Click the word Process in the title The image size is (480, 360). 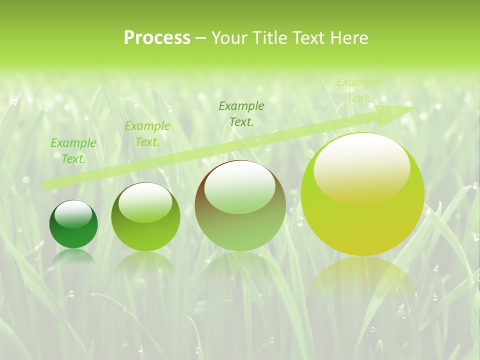coord(157,38)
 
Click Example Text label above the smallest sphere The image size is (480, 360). coord(73,150)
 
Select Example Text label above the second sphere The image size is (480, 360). coord(147,134)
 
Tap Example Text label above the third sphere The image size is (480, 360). coord(241,113)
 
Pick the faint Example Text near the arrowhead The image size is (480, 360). coord(358,90)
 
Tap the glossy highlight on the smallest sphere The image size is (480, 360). coord(73,214)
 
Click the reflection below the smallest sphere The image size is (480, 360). coord(73,256)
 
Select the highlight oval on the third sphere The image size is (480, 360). coord(239,187)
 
